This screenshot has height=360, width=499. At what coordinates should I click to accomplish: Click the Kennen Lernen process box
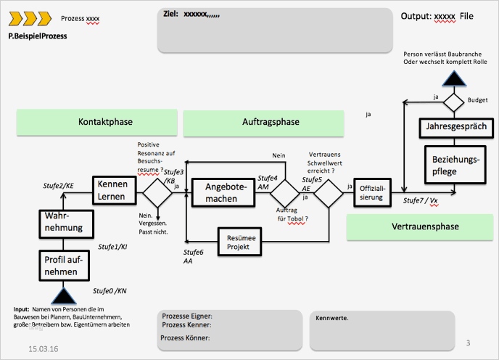113,190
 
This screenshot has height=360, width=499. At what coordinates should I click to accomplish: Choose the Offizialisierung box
371,193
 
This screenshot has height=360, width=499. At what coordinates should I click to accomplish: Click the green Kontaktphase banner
97,123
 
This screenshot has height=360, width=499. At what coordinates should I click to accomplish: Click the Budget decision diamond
454,100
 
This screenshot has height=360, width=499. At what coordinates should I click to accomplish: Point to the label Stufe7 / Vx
421,200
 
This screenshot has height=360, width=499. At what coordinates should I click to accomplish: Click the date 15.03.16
44,349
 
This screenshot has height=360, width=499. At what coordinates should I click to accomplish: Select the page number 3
469,343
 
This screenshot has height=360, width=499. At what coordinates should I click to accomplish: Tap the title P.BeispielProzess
42,34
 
